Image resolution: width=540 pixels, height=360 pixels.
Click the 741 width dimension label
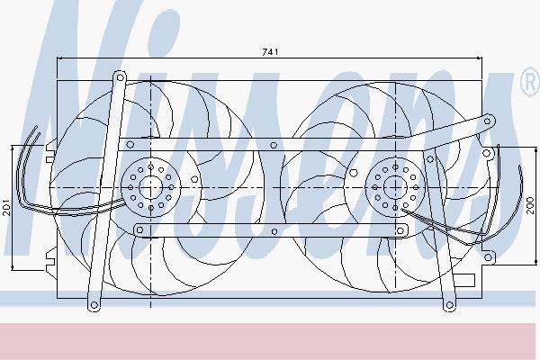(x=270, y=52)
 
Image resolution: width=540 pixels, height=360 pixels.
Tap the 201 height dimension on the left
(x=6, y=207)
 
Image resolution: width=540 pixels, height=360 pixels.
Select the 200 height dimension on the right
(x=531, y=206)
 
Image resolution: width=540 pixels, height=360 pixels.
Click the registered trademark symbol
(x=530, y=83)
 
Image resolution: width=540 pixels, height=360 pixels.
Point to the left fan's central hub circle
(x=151, y=187)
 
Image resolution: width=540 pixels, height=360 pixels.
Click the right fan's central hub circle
(x=395, y=187)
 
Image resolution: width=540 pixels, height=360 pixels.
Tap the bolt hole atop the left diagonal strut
(x=121, y=77)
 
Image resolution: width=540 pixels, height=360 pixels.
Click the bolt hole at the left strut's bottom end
(x=94, y=305)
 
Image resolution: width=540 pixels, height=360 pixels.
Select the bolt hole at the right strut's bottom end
(x=449, y=305)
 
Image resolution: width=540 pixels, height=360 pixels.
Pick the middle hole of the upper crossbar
(x=274, y=145)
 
